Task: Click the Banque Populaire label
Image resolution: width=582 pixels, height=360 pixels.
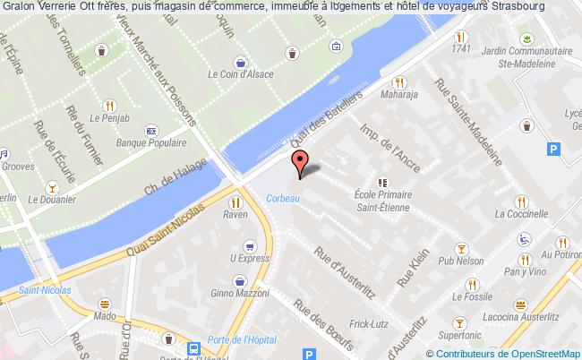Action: [x=150, y=141]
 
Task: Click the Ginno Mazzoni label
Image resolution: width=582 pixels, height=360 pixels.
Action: [x=239, y=295]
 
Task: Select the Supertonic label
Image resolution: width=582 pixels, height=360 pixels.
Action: [x=460, y=335]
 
